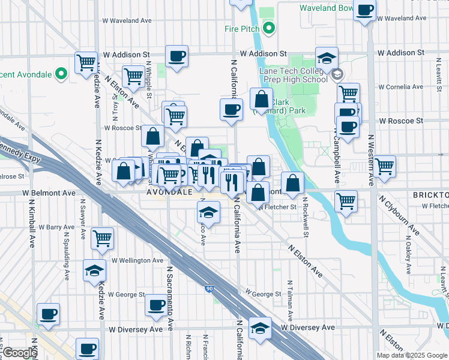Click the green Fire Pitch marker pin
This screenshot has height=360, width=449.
pos(270,28)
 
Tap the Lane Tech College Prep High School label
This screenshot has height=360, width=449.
pos(293,74)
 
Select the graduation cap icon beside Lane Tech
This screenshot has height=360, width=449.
pos(327,58)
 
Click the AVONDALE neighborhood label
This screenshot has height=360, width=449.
pos(170,193)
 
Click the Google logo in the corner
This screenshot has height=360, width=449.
pos(19,353)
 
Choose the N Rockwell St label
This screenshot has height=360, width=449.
pos(306,217)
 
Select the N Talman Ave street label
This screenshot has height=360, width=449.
pos(290,301)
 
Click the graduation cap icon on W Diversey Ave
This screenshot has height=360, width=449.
pos(260,328)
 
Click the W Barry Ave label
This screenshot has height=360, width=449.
pos(56,227)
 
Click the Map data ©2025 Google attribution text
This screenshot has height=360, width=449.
pos(412,355)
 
